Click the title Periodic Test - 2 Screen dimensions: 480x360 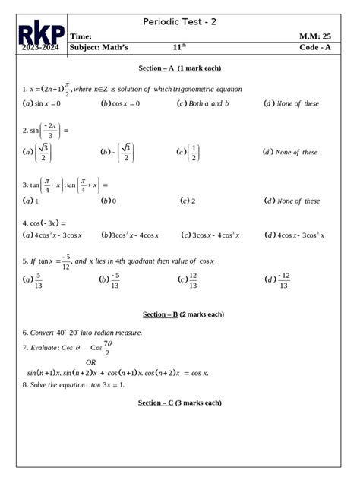[180, 22]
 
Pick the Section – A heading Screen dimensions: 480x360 [180, 69]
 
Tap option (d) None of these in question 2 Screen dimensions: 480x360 [290, 152]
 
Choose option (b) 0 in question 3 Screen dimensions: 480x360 [109, 201]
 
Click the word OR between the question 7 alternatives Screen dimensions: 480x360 [91, 362]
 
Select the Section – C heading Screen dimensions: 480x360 [180, 403]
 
